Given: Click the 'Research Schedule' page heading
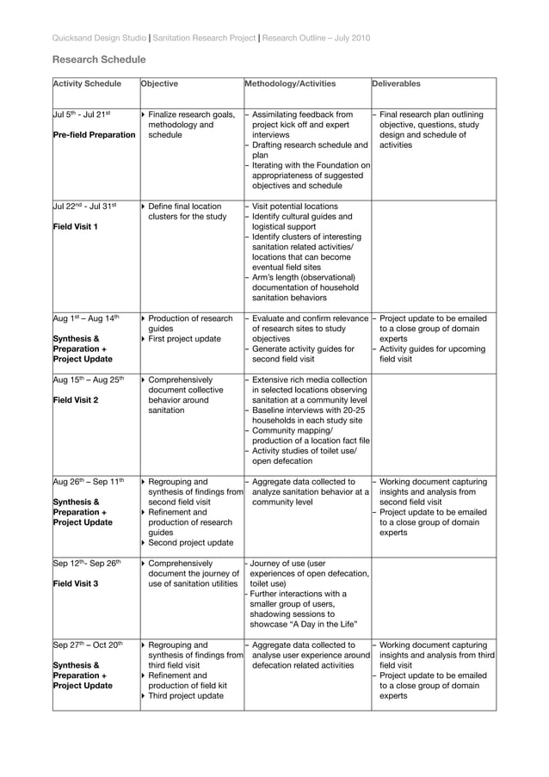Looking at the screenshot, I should pyautogui.click(x=99, y=60).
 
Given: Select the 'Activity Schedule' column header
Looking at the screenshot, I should pyautogui.click(x=87, y=85).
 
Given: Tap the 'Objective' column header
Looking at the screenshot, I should pyautogui.click(x=159, y=85).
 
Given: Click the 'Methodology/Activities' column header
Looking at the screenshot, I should pyautogui.click(x=290, y=85).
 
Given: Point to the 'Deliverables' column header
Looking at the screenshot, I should pyautogui.click(x=397, y=85).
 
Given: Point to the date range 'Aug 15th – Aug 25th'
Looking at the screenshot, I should pyautogui.click(x=89, y=379).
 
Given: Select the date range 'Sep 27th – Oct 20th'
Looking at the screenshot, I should pyautogui.click(x=89, y=644).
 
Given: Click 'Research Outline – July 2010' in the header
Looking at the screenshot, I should pyautogui.click(x=316, y=38).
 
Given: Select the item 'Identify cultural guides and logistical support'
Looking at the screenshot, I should pyautogui.click(x=305, y=222).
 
